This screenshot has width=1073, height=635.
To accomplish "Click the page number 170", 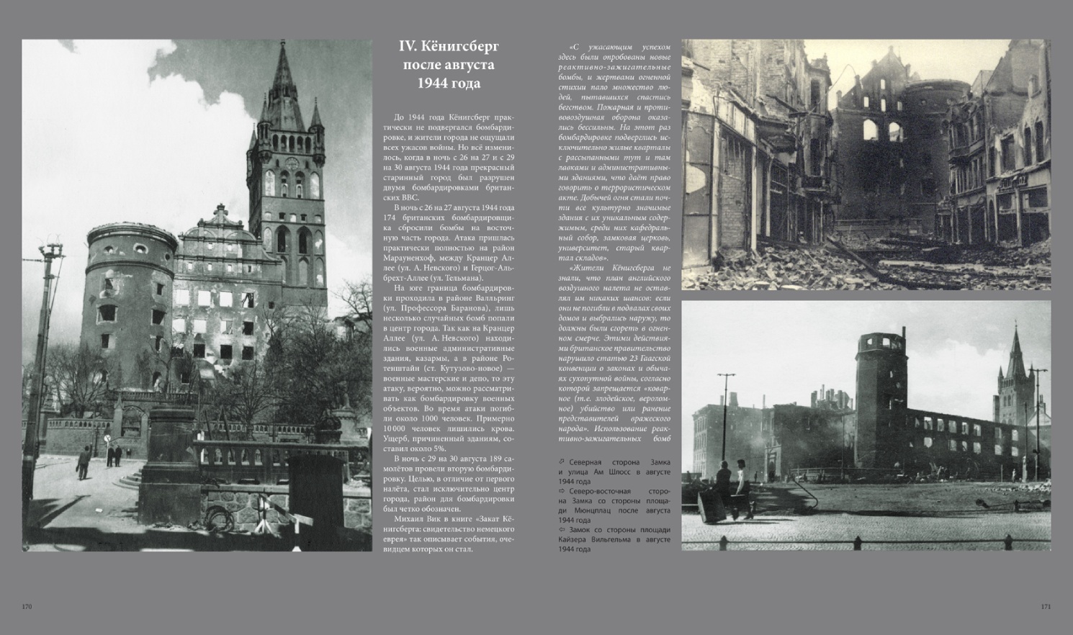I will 27,606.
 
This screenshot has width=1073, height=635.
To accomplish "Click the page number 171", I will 1046,606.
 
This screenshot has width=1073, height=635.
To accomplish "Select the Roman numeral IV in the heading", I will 407,47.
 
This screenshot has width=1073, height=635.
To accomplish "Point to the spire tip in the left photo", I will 282,45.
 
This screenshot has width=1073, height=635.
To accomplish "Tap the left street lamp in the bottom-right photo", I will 726,403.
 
